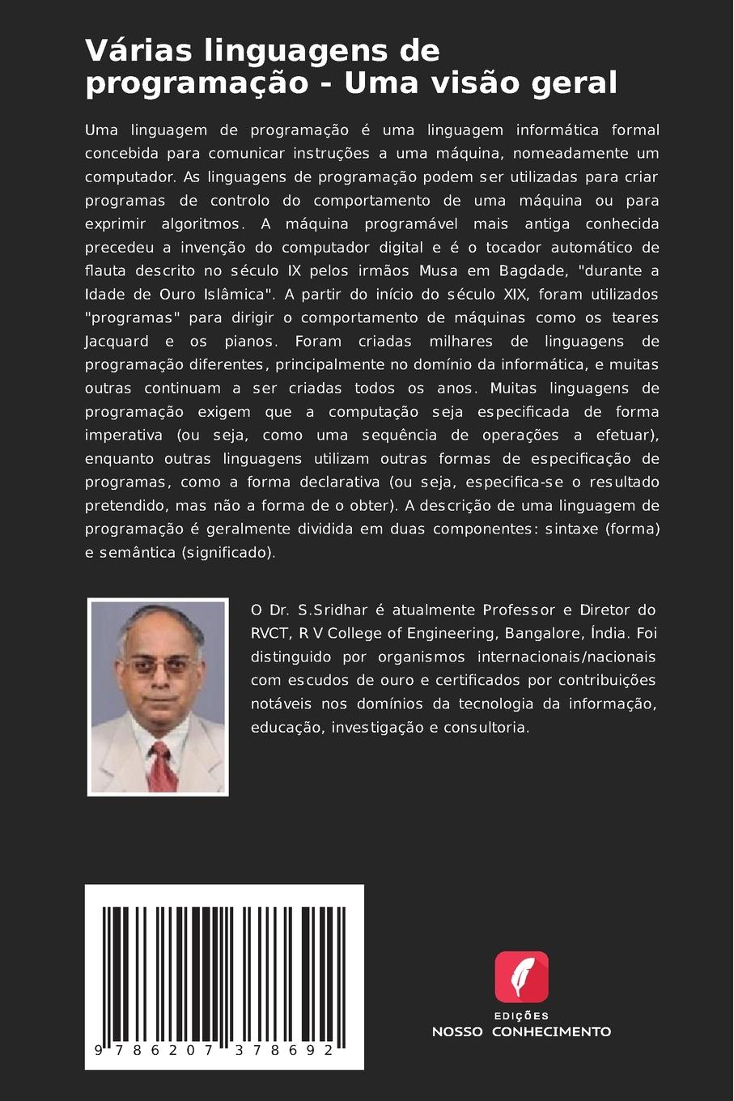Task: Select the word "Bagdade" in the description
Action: coord(527,270)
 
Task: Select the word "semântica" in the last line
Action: coord(136,552)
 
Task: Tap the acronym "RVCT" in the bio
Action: coord(270,633)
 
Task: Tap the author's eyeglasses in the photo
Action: coord(159,667)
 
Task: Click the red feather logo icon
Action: coord(521,977)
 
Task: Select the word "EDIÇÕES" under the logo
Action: coord(521,1016)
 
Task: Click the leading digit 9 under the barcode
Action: coord(99,1050)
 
